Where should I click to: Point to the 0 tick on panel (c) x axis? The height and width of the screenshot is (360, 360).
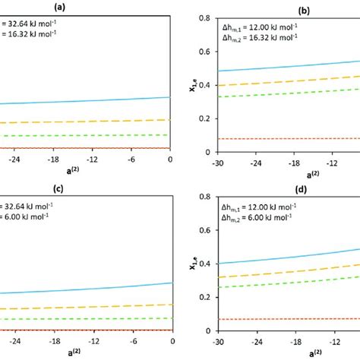tap(172, 339)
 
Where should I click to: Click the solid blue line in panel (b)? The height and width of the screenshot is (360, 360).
tap(289, 66)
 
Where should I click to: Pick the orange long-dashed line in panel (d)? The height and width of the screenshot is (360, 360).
tap(289, 270)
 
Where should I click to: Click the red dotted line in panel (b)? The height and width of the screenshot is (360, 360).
tap(289, 138)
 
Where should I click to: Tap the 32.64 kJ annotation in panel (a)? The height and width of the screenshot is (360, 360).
tap(33, 23)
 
